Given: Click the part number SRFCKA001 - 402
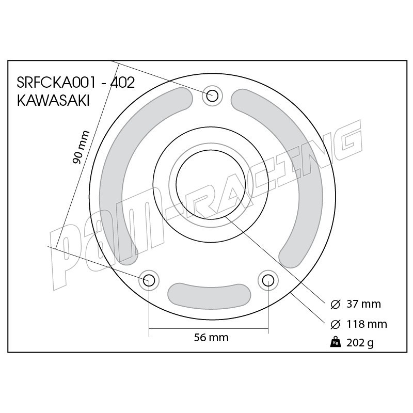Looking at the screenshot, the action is (76, 83).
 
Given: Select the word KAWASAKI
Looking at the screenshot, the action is (53, 100).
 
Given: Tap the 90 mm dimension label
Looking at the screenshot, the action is (81, 147).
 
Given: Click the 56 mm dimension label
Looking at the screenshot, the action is (211, 338).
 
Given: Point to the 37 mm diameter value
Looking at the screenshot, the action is (363, 304).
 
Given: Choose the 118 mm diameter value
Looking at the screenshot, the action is (367, 324).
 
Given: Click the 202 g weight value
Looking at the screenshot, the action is (360, 343).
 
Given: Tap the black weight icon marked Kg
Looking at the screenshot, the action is (335, 342).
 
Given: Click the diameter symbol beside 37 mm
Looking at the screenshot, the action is (335, 305).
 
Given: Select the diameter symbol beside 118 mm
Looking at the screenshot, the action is (335, 324).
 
